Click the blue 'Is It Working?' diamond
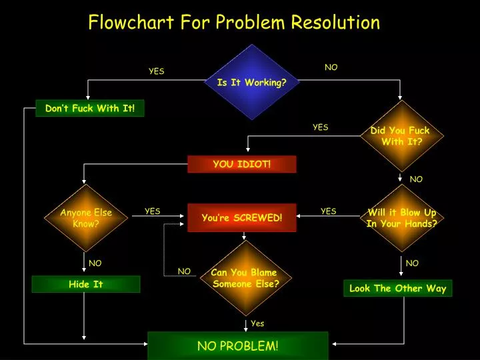252,82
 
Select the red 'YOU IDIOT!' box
242,164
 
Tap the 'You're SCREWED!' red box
242,217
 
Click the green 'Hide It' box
86,284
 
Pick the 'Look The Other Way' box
397,288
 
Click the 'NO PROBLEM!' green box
238,346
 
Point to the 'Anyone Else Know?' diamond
86,218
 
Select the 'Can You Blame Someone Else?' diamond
245,278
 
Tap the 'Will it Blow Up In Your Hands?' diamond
401,218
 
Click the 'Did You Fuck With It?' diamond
401,136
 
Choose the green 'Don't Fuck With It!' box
90,108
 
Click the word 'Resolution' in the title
335,22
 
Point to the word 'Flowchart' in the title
131,22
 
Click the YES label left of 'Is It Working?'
157,71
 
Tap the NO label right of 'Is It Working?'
331,67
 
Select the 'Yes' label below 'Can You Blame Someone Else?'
257,323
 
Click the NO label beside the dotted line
184,271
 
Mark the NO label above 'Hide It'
95,263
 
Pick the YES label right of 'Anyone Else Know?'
153,211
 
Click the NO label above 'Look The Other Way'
412,263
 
